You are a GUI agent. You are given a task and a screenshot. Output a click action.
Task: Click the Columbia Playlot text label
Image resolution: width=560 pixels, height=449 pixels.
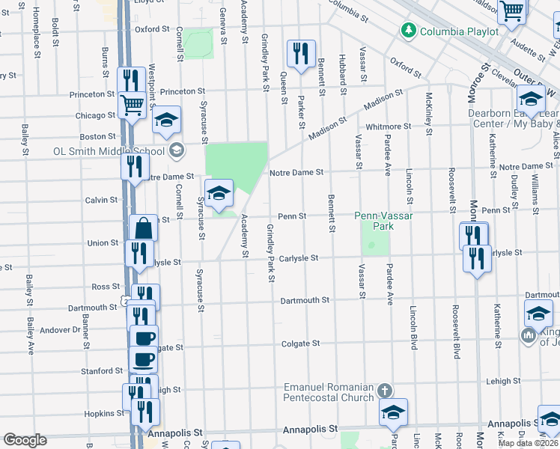pyautogui.click(x=459, y=31)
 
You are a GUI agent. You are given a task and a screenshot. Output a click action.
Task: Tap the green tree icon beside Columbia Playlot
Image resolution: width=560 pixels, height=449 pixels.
pyautogui.click(x=408, y=31)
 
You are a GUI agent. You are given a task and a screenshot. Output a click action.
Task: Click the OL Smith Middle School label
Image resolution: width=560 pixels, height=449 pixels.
pyautogui.click(x=109, y=150)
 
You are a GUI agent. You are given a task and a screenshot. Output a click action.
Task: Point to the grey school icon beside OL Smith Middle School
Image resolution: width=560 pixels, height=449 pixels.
pyautogui.click(x=176, y=150)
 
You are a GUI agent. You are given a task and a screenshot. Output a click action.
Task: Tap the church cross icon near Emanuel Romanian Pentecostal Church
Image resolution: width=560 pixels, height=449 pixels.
pyautogui.click(x=385, y=391)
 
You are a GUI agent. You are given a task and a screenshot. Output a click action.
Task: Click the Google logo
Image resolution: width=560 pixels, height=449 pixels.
pyautogui.click(x=25, y=440)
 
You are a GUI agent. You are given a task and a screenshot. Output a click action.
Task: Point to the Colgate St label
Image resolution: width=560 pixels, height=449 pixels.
pyautogui.click(x=300, y=343)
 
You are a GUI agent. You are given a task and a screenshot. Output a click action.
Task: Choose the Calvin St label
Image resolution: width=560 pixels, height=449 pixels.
pyautogui.click(x=102, y=200)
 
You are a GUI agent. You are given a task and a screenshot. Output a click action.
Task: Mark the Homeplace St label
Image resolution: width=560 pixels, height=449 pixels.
pyautogui.click(x=36, y=31)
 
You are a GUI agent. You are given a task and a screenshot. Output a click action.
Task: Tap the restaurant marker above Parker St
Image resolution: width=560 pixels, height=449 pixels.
pyautogui.click(x=301, y=54)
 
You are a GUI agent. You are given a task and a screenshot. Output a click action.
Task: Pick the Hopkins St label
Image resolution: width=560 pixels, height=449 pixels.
pyautogui.click(x=99, y=413)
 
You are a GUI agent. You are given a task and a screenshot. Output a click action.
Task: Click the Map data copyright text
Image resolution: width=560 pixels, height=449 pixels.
pyautogui.click(x=528, y=442)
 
